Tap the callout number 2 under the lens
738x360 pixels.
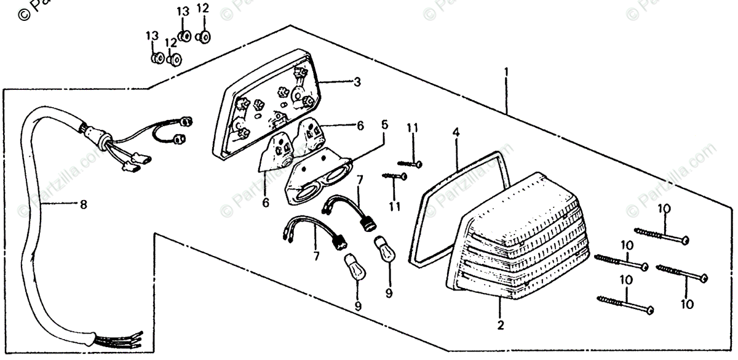pos(501,324)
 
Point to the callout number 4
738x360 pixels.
pos(456,132)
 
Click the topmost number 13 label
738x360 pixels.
pos(183,12)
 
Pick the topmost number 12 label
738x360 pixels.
pos(203,8)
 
